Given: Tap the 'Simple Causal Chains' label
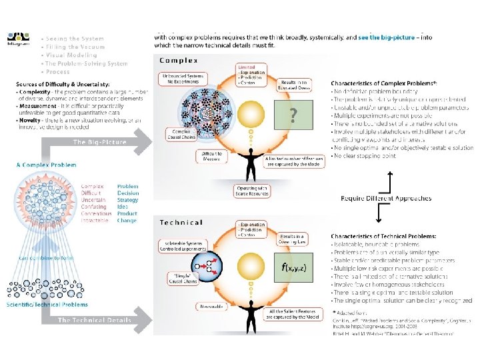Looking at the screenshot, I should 177,276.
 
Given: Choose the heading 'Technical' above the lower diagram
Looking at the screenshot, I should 181,221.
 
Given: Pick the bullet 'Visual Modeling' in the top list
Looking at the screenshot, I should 70,55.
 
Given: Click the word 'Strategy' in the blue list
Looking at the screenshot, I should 128,200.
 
